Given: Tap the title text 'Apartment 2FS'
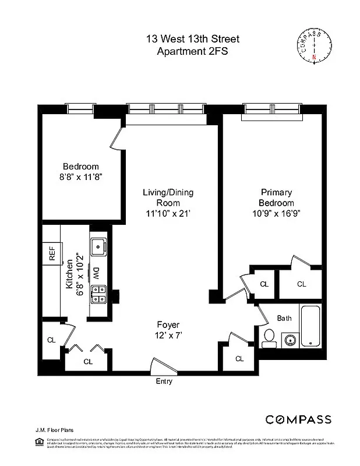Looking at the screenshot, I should tap(192, 51).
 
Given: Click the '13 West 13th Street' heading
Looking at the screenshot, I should tap(192, 39).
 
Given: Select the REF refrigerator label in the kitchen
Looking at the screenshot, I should tap(52, 253).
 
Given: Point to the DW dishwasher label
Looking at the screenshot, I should tap(96, 272).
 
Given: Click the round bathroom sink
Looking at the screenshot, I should tap(288, 339).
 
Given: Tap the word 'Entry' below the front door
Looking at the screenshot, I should tap(164, 382).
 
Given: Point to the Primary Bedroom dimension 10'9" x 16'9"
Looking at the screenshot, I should tap(277, 213).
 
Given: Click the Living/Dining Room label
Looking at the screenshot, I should tap(168, 197).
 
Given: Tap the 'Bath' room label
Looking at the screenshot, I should tap(284, 318).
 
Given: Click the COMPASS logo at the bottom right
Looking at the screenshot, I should tap(298, 419).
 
